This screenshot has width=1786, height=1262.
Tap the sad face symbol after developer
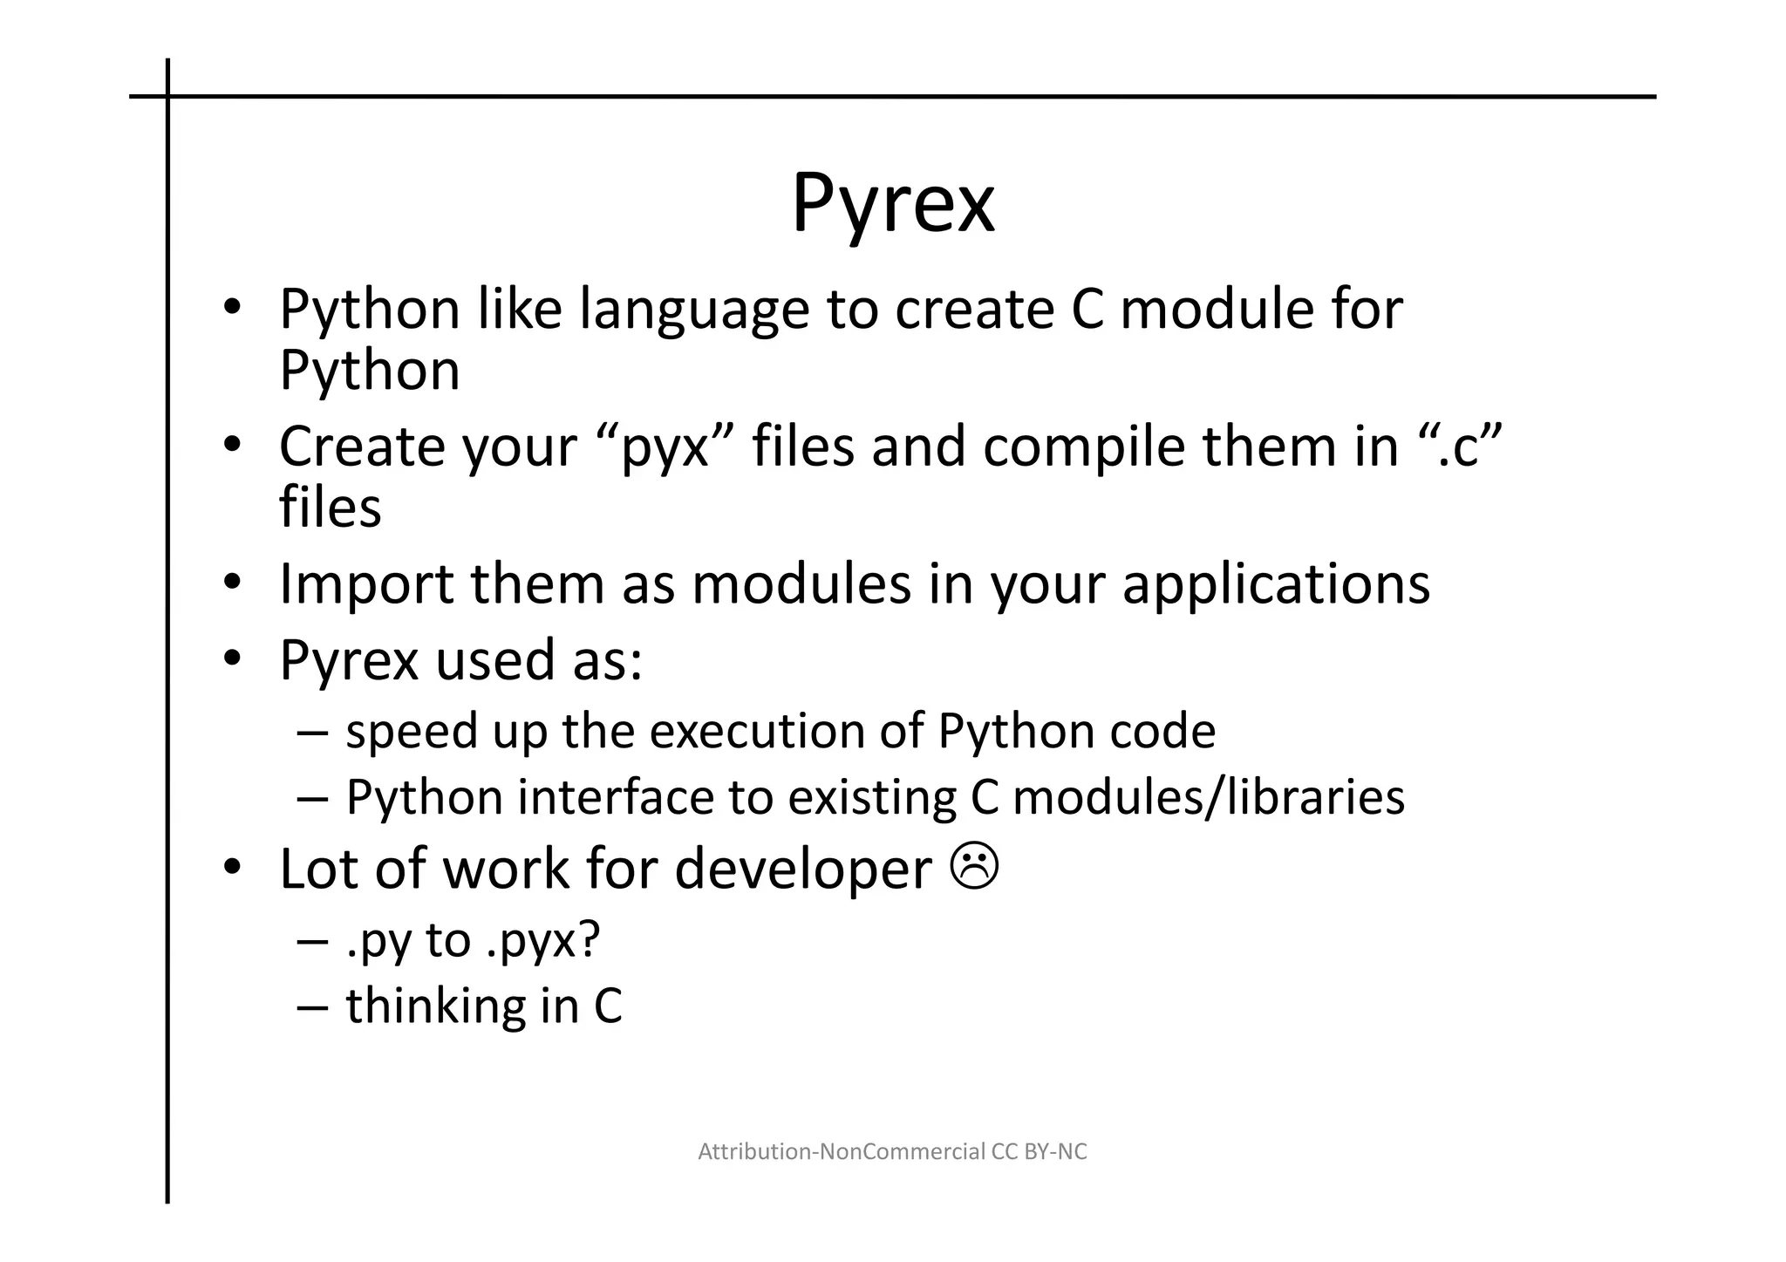click(x=976, y=868)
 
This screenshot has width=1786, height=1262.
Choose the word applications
click(x=1276, y=584)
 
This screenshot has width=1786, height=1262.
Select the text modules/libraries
click(x=1208, y=797)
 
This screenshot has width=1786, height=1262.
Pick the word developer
click(x=803, y=870)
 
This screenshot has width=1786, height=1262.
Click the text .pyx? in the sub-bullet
click(x=542, y=941)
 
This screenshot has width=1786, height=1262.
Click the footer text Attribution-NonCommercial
click(x=842, y=1152)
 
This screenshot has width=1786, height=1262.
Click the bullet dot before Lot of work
click(x=231, y=868)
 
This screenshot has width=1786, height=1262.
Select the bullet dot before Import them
click(x=231, y=583)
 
